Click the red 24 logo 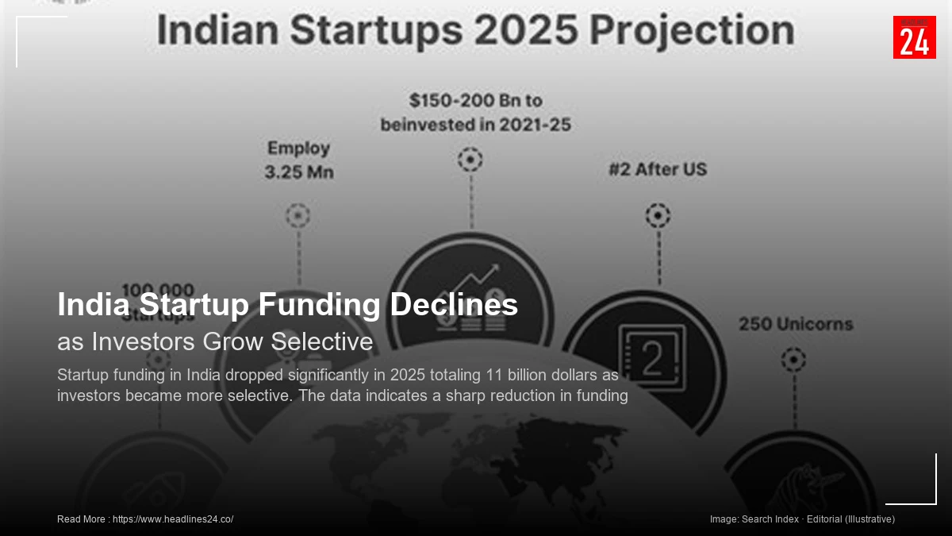(x=914, y=37)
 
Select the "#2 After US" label (x=657, y=169)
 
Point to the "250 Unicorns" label (x=796, y=324)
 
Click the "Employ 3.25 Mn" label (x=299, y=160)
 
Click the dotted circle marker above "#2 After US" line (x=658, y=215)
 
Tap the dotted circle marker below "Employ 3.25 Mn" (x=297, y=215)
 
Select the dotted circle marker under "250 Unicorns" (x=793, y=361)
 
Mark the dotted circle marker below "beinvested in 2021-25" (x=470, y=160)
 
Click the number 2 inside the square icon (x=652, y=360)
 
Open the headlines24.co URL (x=173, y=519)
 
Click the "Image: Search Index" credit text (x=754, y=519)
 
